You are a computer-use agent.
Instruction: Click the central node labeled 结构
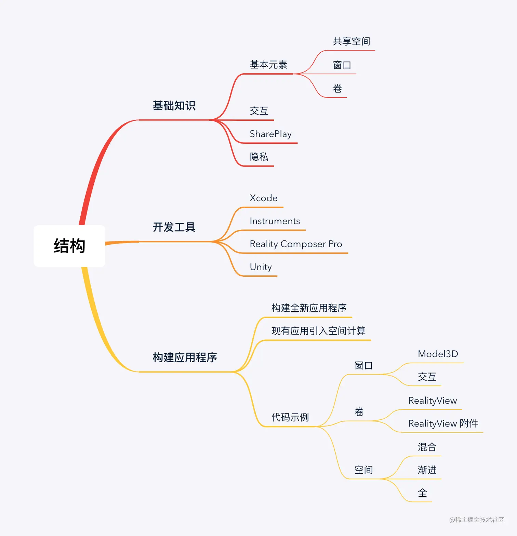coord(69,246)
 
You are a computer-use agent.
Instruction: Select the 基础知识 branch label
coord(174,106)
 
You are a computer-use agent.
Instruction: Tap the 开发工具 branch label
coord(174,227)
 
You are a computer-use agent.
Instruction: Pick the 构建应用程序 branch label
coord(185,357)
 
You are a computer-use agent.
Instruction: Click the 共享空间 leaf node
coord(352,41)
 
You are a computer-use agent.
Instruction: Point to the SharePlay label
coord(270,134)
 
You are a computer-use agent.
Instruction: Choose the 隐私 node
coord(259,157)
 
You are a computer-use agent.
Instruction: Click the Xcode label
coord(263,198)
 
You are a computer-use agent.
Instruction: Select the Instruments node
coord(275,221)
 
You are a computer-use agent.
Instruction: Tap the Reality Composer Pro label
coord(296,244)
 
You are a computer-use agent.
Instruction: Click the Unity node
coord(261,267)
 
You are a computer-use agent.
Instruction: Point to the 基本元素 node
coord(268,65)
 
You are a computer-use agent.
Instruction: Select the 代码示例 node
coord(290,417)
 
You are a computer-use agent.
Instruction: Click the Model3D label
coord(438,354)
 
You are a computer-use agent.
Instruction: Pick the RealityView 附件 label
coord(443,423)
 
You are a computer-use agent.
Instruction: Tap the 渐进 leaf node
coord(427,470)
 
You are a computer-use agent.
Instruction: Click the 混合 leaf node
coord(427,447)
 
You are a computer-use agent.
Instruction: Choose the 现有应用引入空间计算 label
coord(318,331)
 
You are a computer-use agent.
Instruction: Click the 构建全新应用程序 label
coord(309,308)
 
